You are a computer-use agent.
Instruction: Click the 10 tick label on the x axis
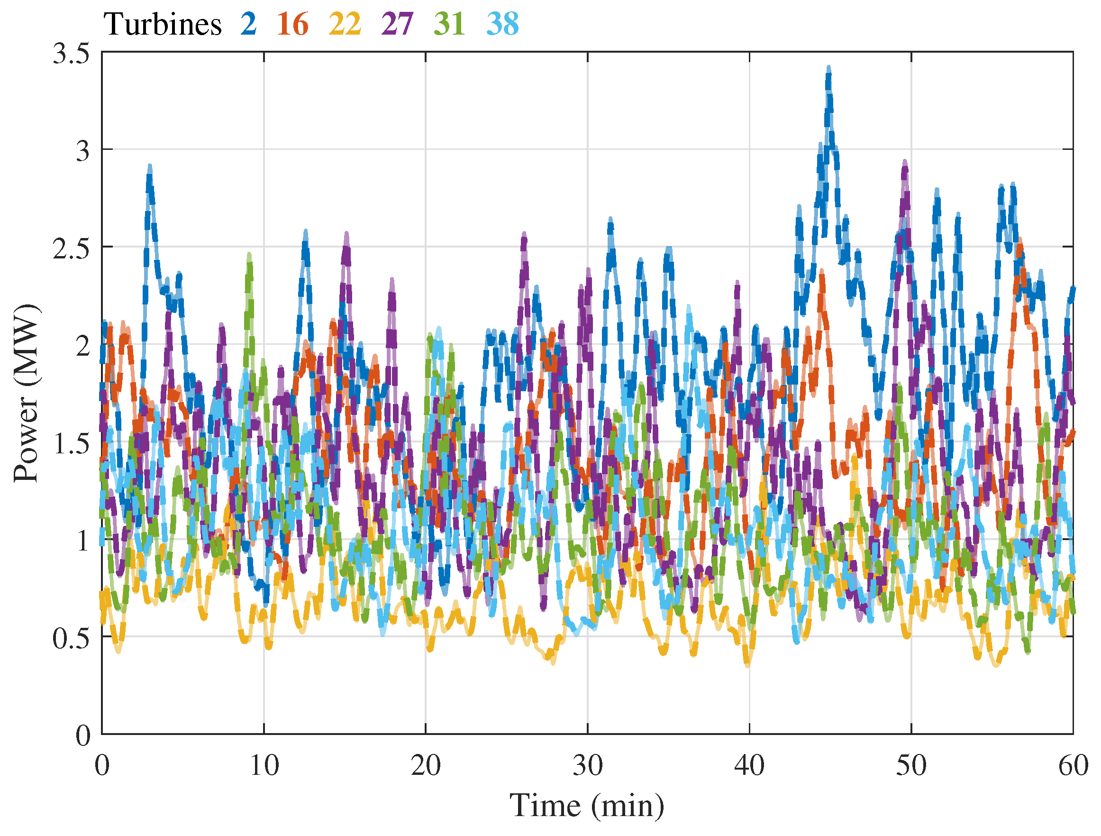(264, 766)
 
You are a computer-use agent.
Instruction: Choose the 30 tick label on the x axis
(587, 766)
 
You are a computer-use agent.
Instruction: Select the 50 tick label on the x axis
(911, 766)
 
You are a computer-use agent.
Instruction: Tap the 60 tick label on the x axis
(1073, 766)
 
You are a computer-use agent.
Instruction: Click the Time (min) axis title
(587, 806)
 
